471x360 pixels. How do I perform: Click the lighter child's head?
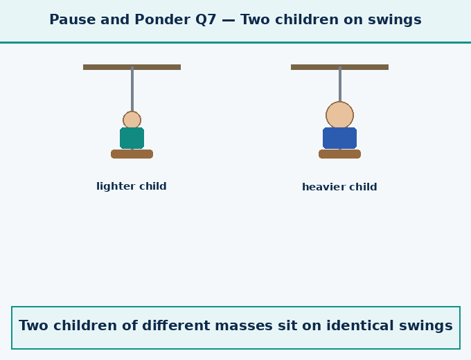(x=132, y=120)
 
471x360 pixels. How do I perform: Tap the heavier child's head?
(x=339, y=116)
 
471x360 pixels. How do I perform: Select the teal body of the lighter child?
(x=132, y=138)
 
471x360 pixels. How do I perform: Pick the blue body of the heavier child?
(x=339, y=138)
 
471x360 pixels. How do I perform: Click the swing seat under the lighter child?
(x=132, y=154)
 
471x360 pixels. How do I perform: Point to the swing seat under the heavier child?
(x=339, y=154)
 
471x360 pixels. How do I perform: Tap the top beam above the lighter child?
(x=132, y=67)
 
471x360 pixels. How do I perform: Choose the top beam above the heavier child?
(x=339, y=67)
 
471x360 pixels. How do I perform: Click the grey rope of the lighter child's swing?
(x=132, y=89)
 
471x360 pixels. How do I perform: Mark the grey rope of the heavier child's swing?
(x=340, y=84)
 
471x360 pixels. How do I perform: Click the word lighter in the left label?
(x=112, y=186)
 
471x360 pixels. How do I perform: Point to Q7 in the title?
(x=206, y=20)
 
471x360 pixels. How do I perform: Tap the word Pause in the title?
(x=73, y=20)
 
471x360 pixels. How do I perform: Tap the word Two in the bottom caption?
(x=33, y=325)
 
